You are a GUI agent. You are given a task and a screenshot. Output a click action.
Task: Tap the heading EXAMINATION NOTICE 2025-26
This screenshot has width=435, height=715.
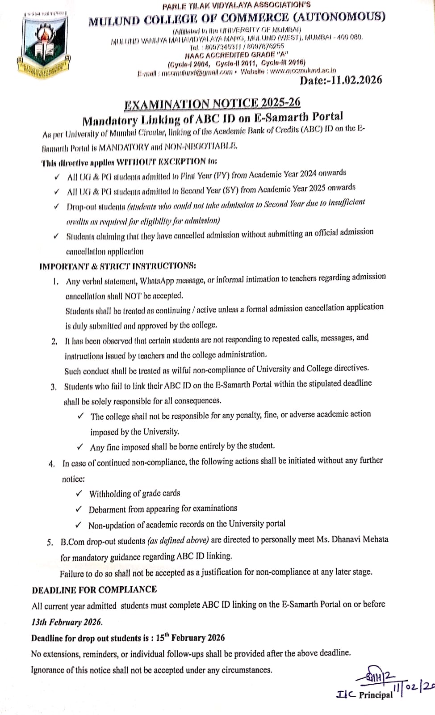tap(212, 103)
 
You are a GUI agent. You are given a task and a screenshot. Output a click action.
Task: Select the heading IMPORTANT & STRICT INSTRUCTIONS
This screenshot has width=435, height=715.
tap(117, 266)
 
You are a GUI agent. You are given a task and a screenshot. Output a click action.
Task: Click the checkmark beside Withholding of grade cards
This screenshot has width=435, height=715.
tap(79, 493)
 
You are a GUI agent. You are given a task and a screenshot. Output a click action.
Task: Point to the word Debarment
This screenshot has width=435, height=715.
tap(107, 509)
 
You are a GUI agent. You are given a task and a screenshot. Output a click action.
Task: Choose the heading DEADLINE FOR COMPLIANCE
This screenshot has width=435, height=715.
tap(94, 589)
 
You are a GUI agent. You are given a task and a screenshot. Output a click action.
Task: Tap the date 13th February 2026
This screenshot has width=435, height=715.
tap(67, 622)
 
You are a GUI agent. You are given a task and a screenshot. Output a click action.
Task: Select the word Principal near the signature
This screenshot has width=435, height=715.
tap(376, 694)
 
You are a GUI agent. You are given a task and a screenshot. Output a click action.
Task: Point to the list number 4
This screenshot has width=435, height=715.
tap(52, 464)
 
